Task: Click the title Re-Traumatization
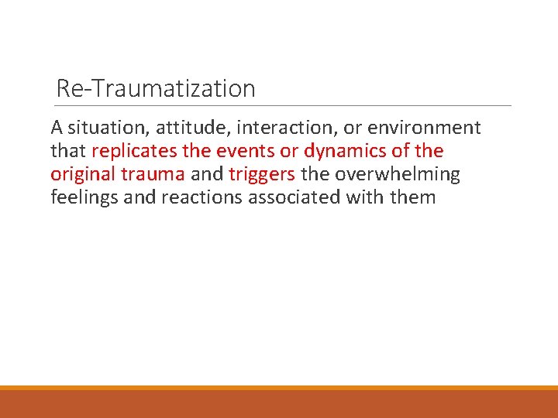click(x=156, y=89)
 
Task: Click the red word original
click(x=83, y=174)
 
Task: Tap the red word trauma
click(x=152, y=174)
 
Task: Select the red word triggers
click(x=262, y=174)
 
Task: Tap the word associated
click(x=298, y=197)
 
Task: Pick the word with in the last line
click(x=369, y=197)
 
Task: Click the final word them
click(x=413, y=197)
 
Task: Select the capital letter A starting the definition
click(x=57, y=128)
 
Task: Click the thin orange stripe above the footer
click(x=279, y=388)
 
